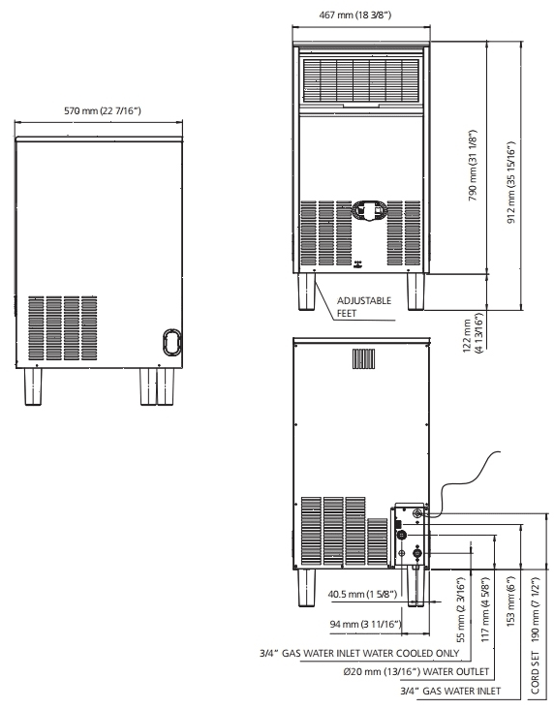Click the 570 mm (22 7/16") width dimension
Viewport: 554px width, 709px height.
(x=99, y=111)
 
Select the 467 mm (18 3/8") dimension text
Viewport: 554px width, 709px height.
(x=361, y=15)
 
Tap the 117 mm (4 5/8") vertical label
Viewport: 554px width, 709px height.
(x=484, y=608)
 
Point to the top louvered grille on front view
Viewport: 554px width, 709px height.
(x=361, y=80)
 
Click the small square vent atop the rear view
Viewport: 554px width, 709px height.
(x=361, y=356)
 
